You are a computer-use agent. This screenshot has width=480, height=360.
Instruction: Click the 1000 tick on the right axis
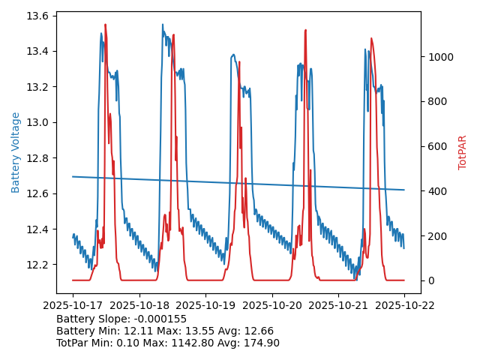438,57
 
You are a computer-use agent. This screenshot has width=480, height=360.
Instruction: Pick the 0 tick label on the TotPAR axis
430,280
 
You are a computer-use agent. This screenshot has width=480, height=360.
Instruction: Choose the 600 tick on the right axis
435,146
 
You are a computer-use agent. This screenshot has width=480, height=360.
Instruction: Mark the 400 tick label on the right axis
435,191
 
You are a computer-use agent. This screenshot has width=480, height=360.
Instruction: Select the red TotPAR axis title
463,152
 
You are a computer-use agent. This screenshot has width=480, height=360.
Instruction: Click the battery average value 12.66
259,331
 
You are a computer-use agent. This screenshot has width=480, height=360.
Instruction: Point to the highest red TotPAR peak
105,25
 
